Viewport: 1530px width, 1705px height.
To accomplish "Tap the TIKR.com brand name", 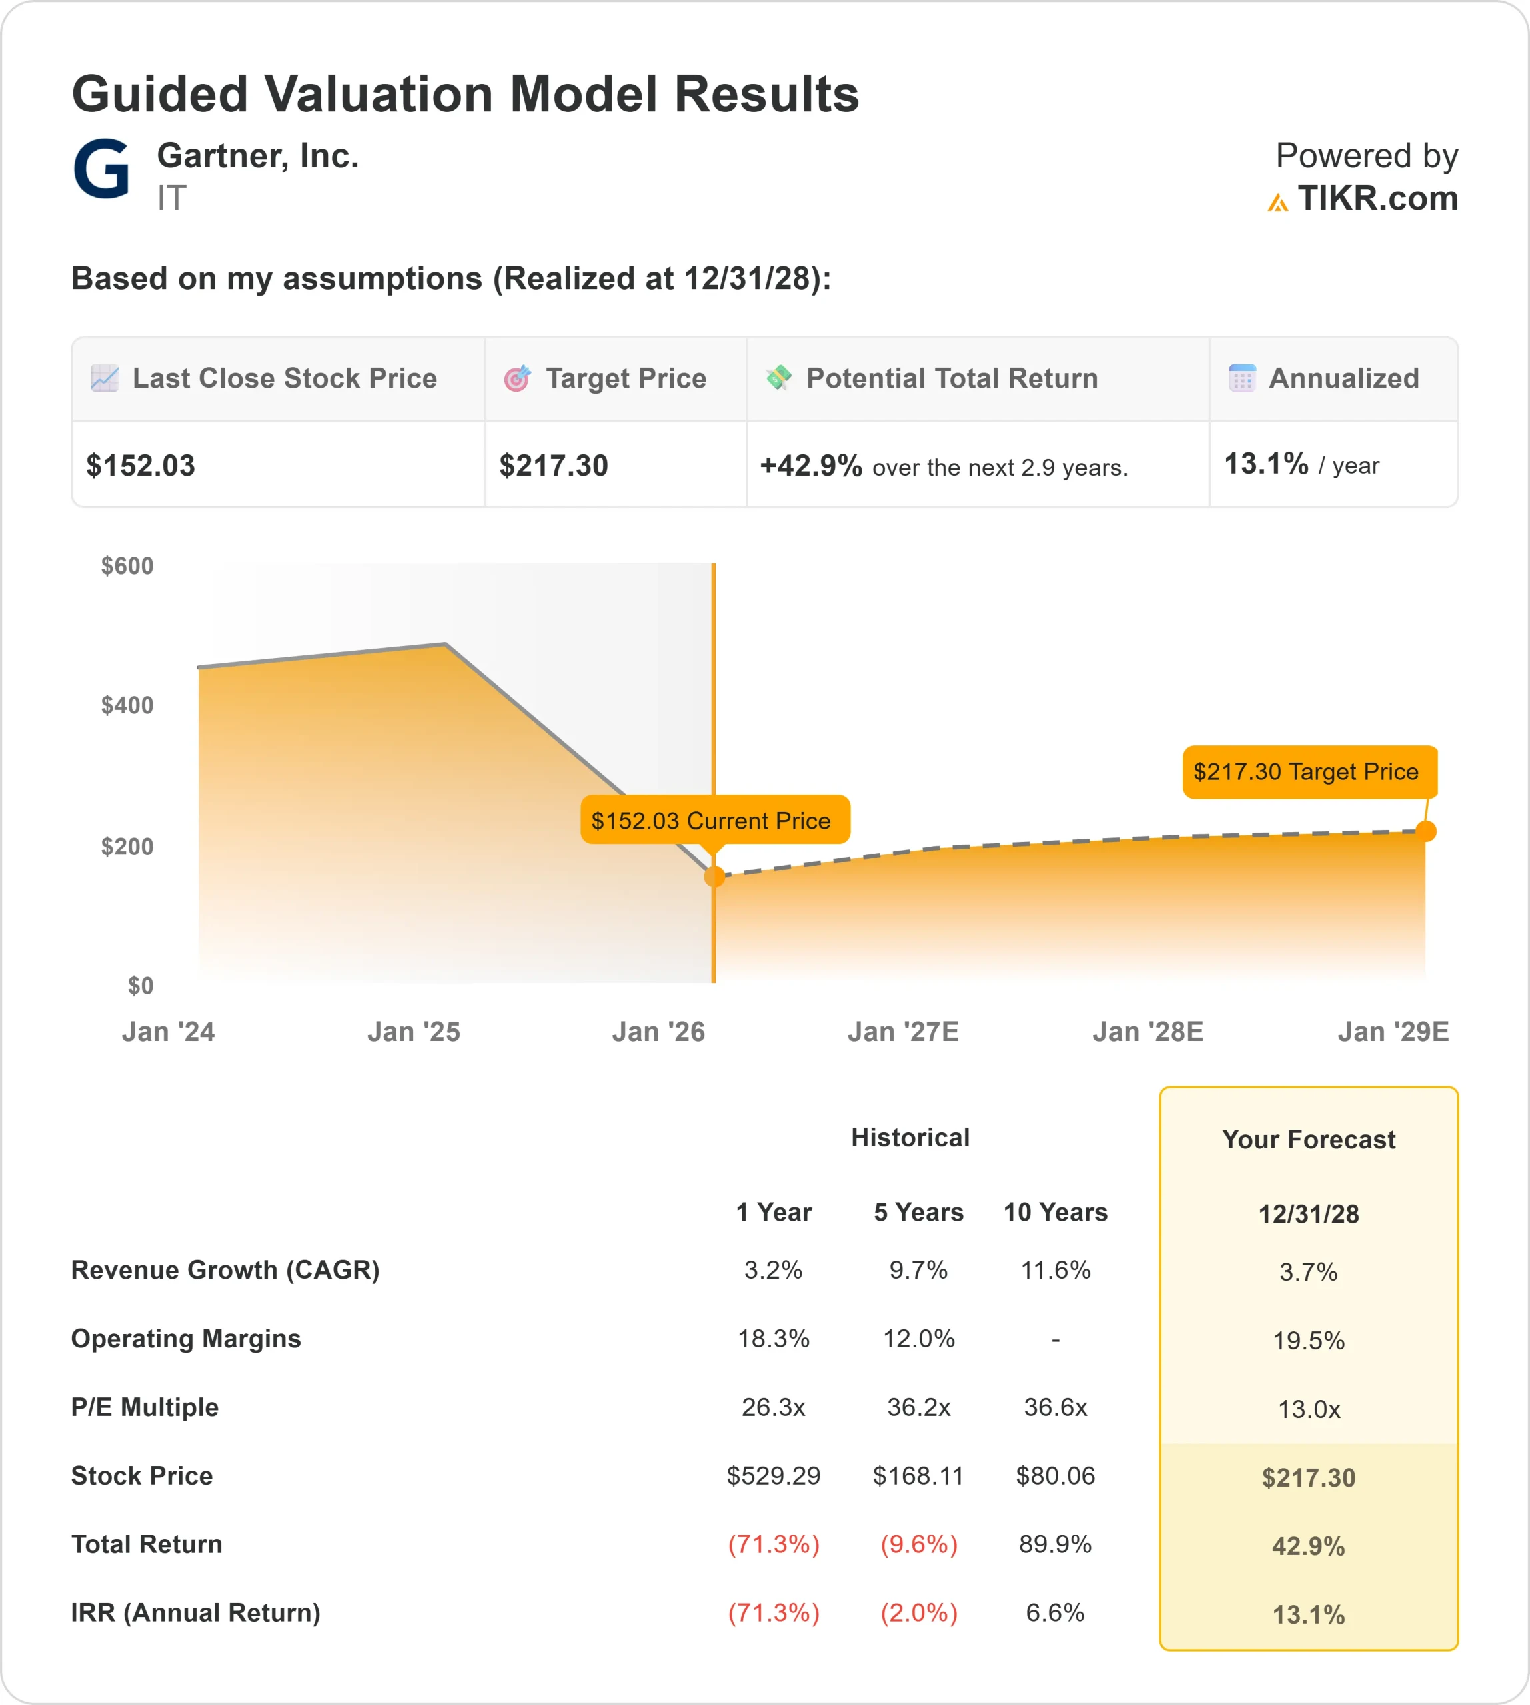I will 1377,199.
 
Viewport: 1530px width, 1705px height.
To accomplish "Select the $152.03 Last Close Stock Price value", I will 141,466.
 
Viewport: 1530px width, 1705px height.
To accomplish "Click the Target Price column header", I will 626,378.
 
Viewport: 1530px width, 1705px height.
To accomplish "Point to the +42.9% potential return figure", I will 810,466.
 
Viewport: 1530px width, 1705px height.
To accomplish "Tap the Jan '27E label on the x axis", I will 903,1031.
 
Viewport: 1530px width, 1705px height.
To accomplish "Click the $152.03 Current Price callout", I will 714,820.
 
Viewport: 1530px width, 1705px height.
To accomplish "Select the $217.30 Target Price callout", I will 1305,771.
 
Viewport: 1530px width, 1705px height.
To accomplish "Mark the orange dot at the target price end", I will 1426,831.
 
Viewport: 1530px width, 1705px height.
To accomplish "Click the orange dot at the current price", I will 714,876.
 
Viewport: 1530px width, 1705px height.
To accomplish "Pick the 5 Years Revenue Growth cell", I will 918,1269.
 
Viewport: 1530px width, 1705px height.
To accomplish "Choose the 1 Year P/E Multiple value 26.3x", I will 774,1407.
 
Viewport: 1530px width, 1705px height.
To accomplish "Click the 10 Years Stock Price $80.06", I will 1055,1476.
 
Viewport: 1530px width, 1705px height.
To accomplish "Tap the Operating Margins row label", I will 186,1339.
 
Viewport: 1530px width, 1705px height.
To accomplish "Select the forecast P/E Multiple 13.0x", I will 1309,1409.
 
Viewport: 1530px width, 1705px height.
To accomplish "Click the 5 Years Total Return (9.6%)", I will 918,1544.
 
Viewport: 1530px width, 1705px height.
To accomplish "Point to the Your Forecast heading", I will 1309,1140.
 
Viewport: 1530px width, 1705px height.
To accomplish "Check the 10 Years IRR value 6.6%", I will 1055,1612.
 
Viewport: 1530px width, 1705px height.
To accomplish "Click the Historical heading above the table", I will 910,1137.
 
